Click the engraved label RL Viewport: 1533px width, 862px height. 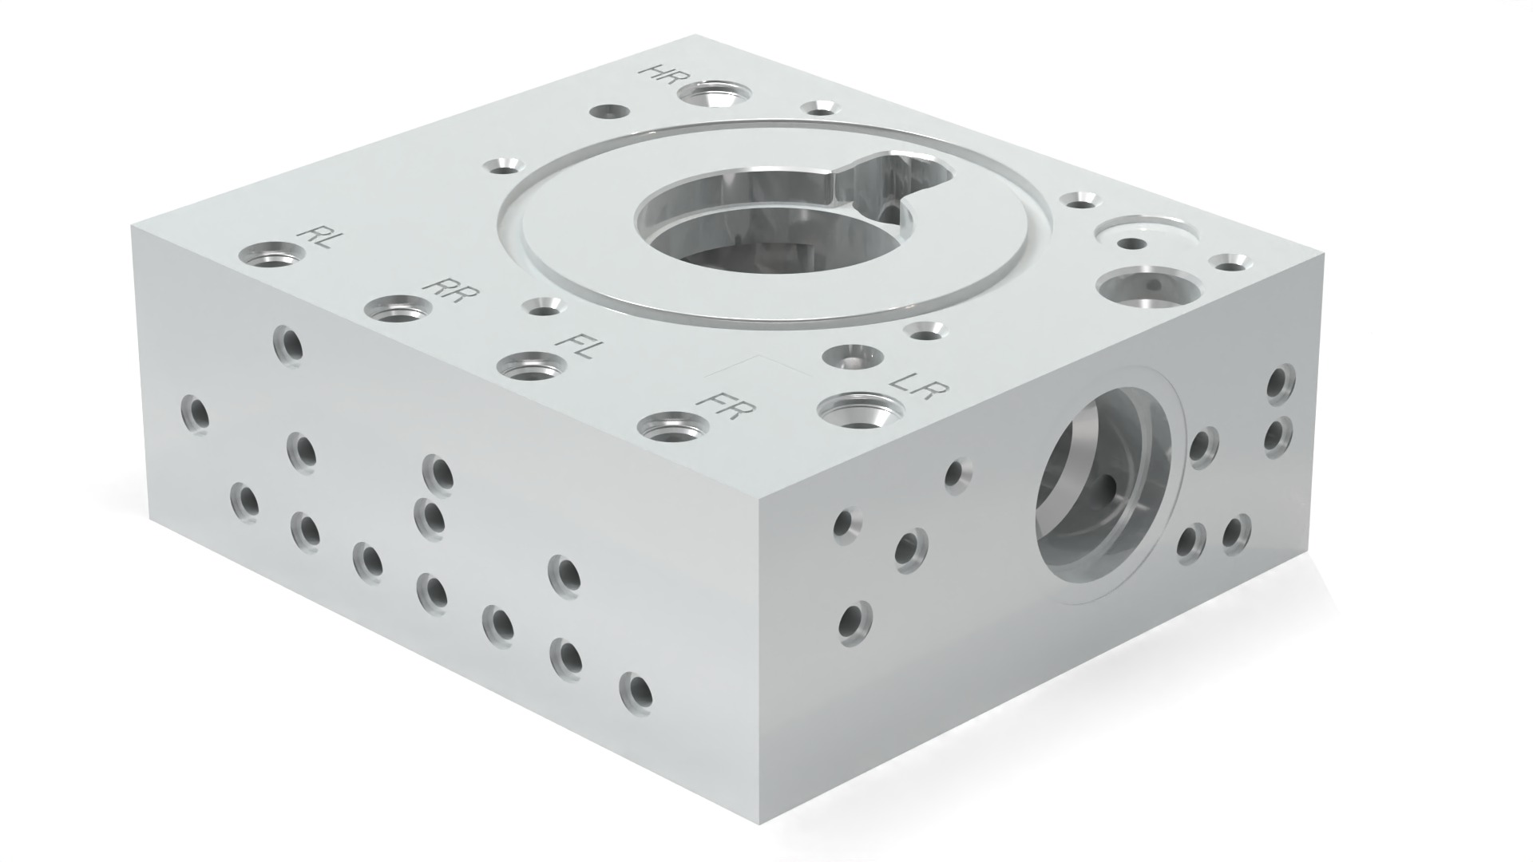coord(315,237)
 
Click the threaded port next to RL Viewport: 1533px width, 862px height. coord(271,256)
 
